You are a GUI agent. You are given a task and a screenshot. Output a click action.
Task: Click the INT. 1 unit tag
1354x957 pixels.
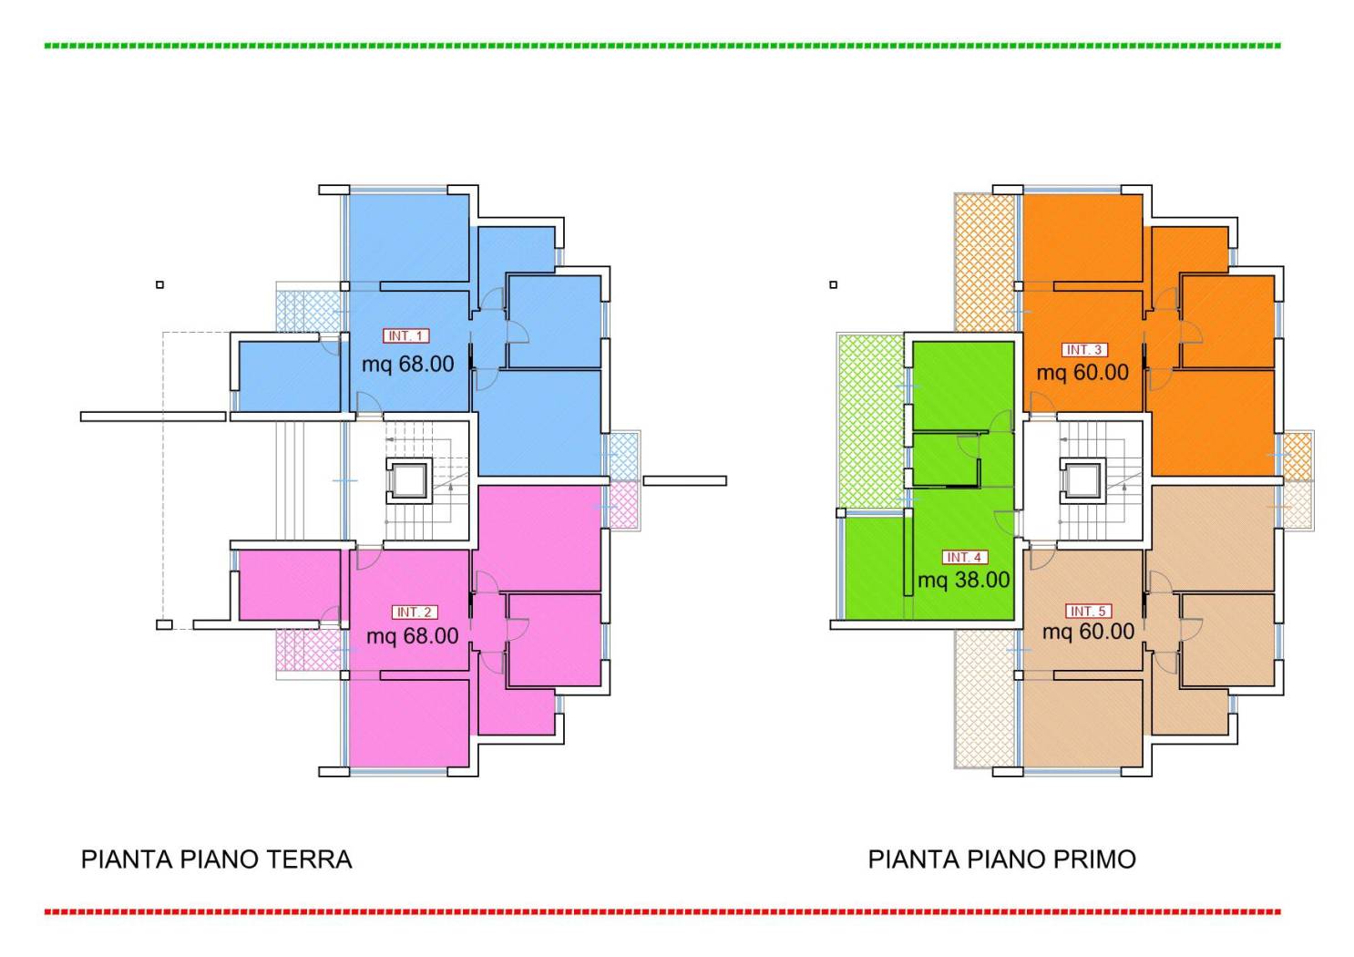[405, 336]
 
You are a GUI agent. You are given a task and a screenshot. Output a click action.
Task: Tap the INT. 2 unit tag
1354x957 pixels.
[415, 612]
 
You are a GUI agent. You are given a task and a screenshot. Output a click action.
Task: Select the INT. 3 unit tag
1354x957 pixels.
[1084, 350]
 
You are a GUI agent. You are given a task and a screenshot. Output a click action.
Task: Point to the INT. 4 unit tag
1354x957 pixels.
[964, 557]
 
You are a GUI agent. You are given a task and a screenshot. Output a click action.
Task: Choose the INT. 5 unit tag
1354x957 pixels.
[1088, 612]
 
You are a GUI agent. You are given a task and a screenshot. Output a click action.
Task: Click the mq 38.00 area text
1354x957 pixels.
[963, 580]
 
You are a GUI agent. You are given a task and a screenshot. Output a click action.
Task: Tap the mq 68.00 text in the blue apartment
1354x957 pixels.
[407, 365]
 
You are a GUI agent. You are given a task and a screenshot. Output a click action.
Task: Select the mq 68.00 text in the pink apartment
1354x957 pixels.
[412, 636]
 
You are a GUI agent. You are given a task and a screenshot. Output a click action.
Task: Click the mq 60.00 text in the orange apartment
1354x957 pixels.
[1082, 373]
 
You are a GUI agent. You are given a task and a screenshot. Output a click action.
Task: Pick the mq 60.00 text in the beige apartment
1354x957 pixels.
[1088, 632]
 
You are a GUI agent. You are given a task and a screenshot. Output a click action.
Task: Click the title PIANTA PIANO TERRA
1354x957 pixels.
[216, 859]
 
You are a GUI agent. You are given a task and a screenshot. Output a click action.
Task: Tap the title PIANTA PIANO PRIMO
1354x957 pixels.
[1001, 859]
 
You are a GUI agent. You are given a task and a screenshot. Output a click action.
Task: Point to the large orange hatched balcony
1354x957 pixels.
[984, 262]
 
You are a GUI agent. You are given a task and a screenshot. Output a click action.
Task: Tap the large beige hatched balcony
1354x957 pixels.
[984, 698]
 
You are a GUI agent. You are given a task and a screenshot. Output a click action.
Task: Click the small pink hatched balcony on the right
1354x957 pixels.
[623, 506]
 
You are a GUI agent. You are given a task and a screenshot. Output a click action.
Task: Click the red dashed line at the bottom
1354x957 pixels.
[662, 911]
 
